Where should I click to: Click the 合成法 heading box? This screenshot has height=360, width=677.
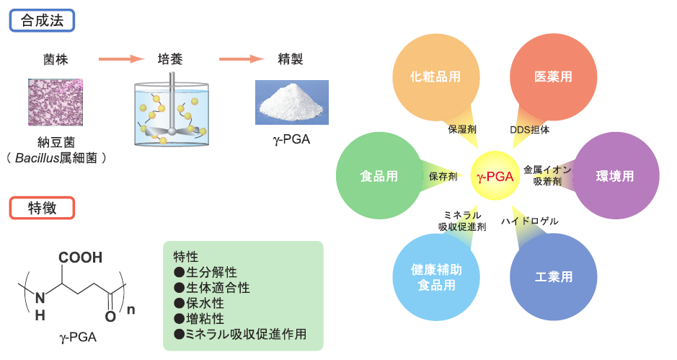tap(43, 20)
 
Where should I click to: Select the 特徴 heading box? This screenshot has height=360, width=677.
tap(43, 208)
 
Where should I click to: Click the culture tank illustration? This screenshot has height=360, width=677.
tap(170, 112)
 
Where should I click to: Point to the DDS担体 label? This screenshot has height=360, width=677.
tap(530, 130)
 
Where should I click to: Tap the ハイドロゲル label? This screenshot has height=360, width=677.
tap(530, 221)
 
